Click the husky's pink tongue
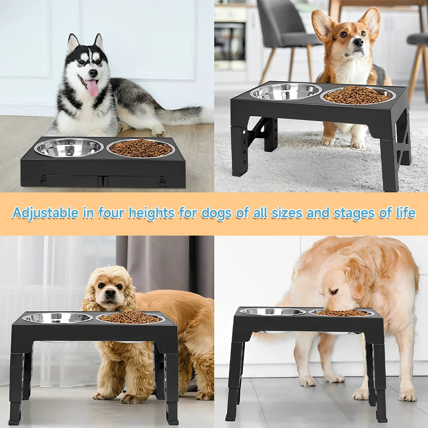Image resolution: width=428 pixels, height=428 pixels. tap(92, 88)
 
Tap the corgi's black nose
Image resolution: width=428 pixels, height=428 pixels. tap(358, 42)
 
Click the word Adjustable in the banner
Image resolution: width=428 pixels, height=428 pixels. tap(45, 213)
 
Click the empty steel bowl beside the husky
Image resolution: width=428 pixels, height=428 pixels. tap(68, 148)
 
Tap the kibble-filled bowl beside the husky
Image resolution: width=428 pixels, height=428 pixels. tap(141, 148)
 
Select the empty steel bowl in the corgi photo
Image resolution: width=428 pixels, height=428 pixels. tap(286, 92)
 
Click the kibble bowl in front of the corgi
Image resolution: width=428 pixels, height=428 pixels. tap(357, 95)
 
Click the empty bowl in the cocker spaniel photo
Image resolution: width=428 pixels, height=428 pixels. tap(57, 318)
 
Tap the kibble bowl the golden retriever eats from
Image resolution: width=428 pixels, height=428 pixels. tap(342, 313)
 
